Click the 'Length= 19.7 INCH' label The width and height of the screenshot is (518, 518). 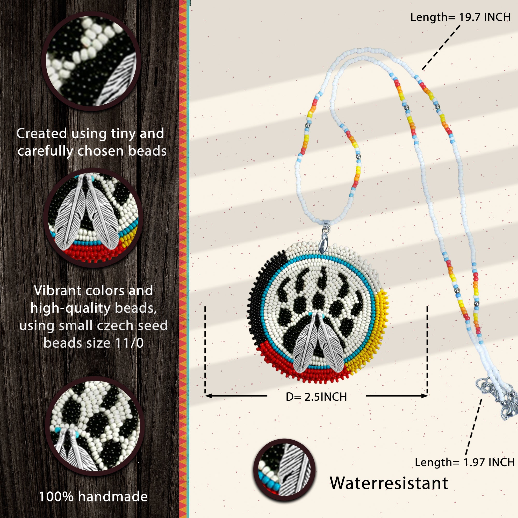[460, 17]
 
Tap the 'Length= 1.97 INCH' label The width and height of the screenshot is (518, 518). [465, 462]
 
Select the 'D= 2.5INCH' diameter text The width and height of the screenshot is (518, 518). [316, 397]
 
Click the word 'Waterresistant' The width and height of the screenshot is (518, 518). [389, 483]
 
